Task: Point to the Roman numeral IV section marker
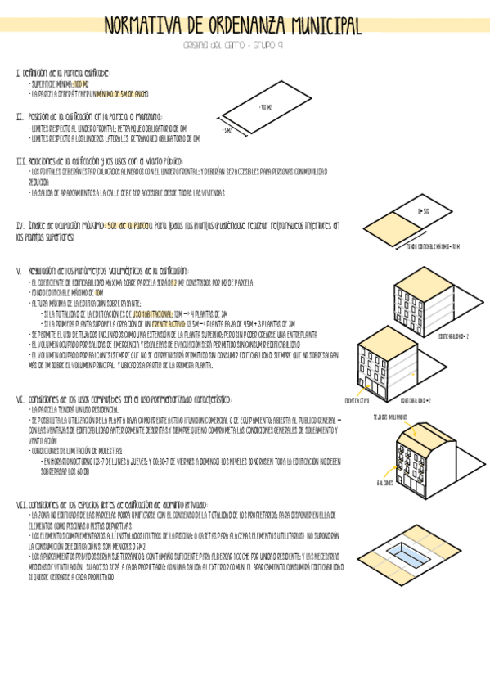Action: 20,224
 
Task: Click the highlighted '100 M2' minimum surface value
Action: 82,83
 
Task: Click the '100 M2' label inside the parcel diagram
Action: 264,107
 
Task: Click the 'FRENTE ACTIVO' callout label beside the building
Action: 357,400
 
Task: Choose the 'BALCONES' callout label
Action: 384,482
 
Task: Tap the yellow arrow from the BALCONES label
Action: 398,475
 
